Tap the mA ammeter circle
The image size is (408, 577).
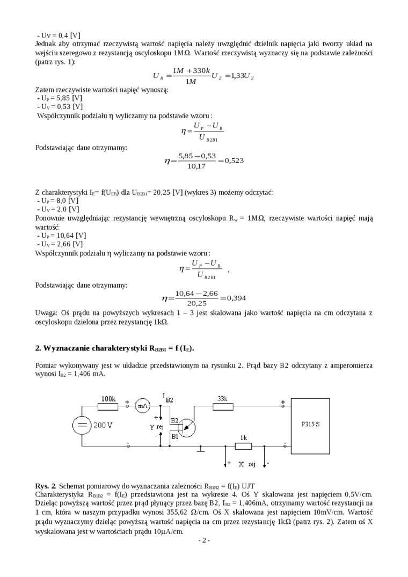142,406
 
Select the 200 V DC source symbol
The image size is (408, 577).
82,426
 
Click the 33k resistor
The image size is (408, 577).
223,406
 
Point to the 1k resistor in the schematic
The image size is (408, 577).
243,445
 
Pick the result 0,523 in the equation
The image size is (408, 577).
234,160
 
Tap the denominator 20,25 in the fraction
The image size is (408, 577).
197,304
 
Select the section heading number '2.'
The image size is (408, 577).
38,348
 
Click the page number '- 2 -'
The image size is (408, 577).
204,540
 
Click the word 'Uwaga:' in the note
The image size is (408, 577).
46,312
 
